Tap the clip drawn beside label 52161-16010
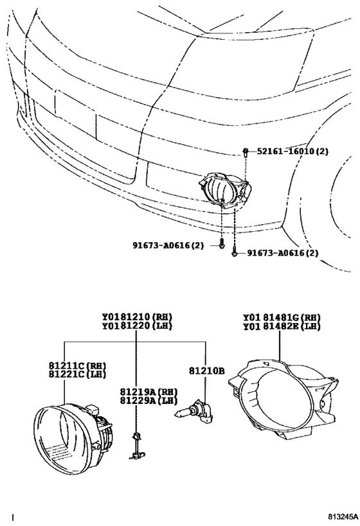(246, 153)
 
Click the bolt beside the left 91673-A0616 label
(221, 244)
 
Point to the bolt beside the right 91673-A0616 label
(234, 252)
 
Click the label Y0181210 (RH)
(137, 317)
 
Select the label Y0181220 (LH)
(137, 326)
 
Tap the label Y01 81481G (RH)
(282, 317)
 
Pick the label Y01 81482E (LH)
(282, 326)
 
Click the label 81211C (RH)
(77, 365)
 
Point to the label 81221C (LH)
(77, 374)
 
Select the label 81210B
(206, 371)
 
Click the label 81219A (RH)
(148, 392)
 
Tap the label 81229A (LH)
(148, 400)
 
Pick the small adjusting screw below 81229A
(136, 446)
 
